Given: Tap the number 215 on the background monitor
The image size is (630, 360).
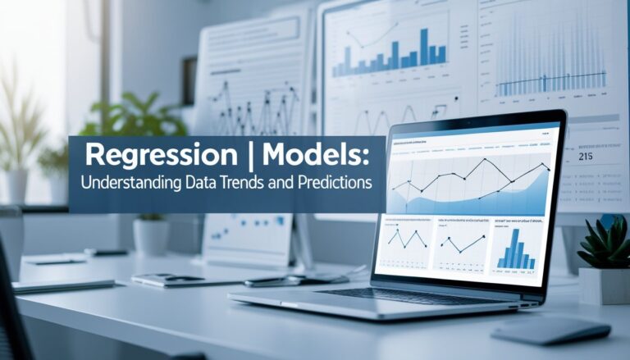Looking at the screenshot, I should (x=586, y=156).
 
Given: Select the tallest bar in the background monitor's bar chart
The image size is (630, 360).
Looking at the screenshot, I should (x=424, y=48).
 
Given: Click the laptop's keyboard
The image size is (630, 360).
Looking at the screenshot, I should (x=386, y=294).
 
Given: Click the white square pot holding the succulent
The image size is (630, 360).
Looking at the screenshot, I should (x=604, y=285).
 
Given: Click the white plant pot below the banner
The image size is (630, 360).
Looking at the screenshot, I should (x=151, y=236).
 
